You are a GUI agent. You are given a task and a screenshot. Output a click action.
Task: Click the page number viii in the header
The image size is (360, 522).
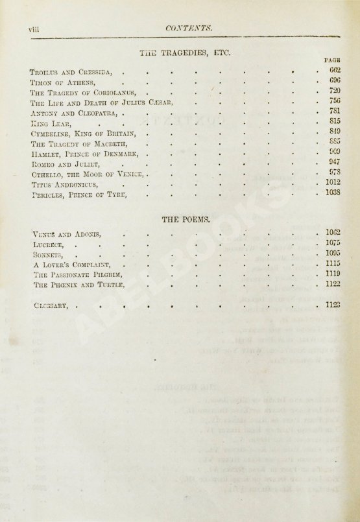[30, 27]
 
